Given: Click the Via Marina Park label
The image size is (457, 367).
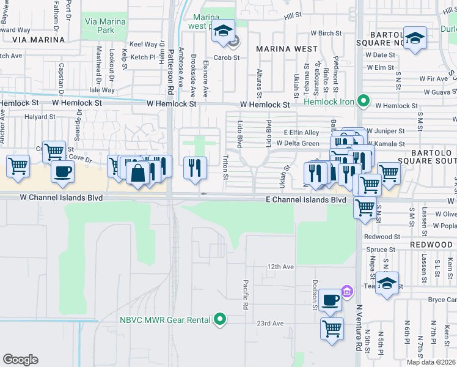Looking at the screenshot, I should pos(105,26).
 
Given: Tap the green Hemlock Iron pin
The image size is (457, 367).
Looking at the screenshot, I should pos(363,100).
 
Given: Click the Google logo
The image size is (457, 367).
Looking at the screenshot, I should pos(20,359).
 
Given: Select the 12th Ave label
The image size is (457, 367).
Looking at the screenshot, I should pos(280,267).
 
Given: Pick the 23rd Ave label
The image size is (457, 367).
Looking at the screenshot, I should pos(271,324).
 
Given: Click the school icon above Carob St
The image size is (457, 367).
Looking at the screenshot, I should pos(223,31).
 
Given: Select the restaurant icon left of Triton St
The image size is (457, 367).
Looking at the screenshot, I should pos(195,167).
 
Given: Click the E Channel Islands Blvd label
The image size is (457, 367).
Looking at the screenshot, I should pos(305,200).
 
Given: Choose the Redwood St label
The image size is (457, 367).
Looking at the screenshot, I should pos(381,237).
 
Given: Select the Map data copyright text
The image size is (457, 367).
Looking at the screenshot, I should pos(431,362).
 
